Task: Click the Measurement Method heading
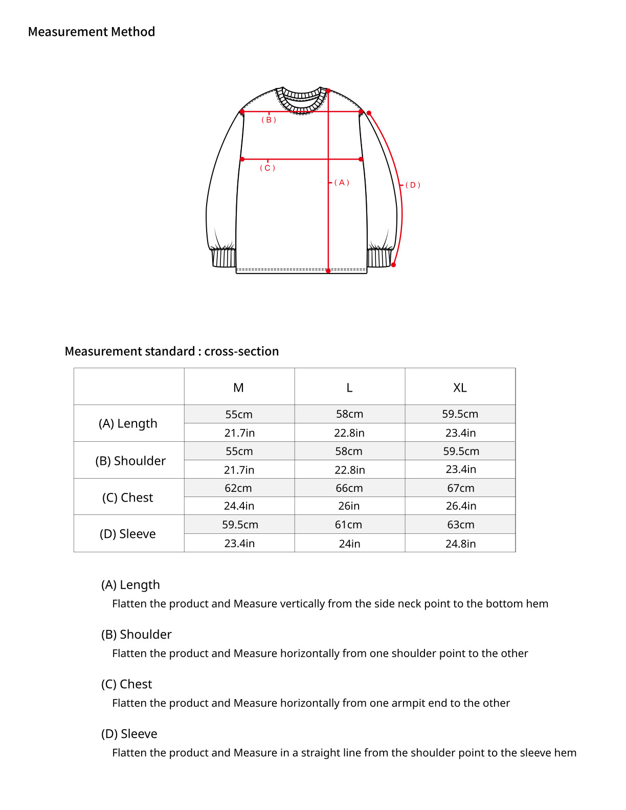[x=92, y=32]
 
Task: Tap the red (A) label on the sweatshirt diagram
[x=342, y=183]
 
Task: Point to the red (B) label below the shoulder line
[x=269, y=120]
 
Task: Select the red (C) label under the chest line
[x=267, y=168]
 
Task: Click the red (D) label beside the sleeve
[x=413, y=185]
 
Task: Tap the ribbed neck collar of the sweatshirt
[x=302, y=100]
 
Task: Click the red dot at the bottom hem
[x=328, y=271]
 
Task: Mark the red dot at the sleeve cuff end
[x=393, y=265]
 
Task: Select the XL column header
[x=460, y=388]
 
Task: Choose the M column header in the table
[x=238, y=388]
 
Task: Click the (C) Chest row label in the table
[x=128, y=498]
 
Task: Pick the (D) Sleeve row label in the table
[x=128, y=534]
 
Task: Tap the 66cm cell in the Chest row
[x=349, y=488]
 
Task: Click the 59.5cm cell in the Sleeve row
[x=240, y=525]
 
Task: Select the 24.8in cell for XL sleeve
[x=460, y=544]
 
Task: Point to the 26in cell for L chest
[x=349, y=506]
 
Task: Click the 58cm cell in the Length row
[x=349, y=414]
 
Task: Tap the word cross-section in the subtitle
[x=241, y=351]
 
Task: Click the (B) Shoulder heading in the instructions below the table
[x=137, y=635]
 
